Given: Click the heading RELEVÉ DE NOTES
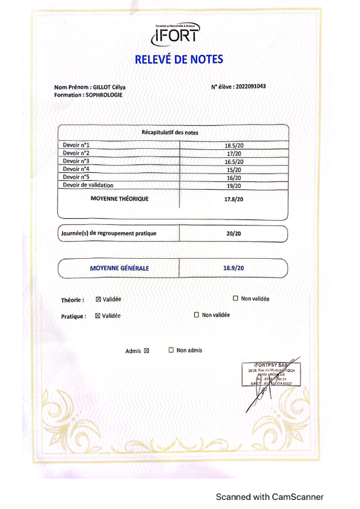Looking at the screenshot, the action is [178, 59].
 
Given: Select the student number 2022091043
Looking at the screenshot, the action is [250, 86].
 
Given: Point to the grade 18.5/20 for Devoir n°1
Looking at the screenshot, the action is [234, 146].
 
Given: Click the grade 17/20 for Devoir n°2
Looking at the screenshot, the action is [234, 154].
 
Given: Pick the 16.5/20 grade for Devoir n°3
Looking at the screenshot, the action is [234, 161].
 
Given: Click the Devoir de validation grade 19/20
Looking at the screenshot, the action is [234, 186].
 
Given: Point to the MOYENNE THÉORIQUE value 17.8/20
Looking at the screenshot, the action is [234, 199].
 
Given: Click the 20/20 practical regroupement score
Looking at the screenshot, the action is [234, 233].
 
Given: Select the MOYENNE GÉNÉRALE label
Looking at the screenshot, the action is [119, 268].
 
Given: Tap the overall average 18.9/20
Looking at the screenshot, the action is [234, 267].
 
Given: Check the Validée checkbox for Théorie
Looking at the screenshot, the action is [98, 299].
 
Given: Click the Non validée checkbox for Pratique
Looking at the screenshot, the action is [197, 315].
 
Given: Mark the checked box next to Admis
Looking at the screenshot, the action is [146, 351].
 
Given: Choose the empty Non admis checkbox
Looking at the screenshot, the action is [171, 350].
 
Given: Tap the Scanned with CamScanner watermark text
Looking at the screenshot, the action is [270, 497].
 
